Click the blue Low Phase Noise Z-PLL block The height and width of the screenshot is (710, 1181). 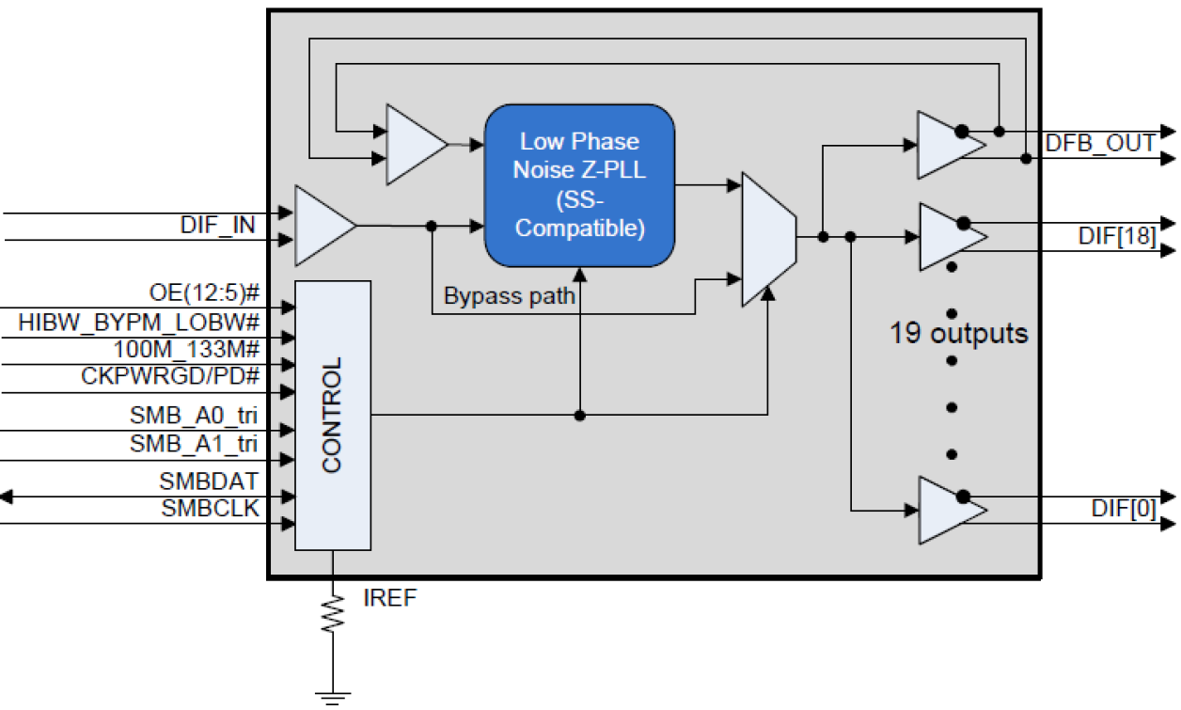point(579,185)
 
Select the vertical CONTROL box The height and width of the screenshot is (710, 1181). point(332,415)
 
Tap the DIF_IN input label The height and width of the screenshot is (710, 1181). point(217,227)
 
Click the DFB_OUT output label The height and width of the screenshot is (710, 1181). point(1100,144)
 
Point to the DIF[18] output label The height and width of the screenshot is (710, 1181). point(1117,237)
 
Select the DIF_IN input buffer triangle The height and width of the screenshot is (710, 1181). point(321,226)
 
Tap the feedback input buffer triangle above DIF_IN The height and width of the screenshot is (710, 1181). point(412,144)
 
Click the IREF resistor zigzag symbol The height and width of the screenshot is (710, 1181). point(332,611)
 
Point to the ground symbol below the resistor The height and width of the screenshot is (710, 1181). point(332,697)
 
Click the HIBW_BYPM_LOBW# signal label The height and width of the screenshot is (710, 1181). point(138,323)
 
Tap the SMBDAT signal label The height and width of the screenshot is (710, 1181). point(209,482)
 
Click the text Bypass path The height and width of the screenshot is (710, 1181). point(509,295)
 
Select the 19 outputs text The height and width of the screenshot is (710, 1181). point(958,334)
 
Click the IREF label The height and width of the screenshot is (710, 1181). point(388,598)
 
